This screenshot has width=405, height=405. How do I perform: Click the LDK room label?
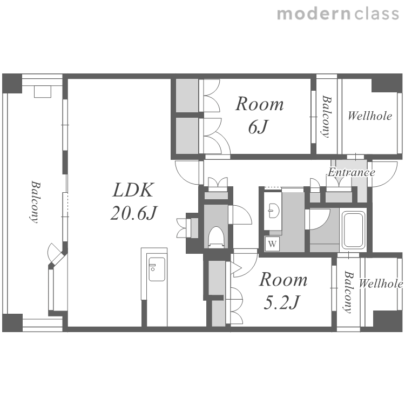point(133,190)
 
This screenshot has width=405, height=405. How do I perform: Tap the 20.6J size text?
point(133,213)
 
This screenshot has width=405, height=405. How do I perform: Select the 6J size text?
point(258,126)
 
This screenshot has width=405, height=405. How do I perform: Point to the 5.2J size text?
point(281,302)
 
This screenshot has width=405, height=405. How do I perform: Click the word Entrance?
point(352,172)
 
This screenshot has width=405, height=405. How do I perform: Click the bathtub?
point(353,230)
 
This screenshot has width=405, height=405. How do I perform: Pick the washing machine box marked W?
point(272,244)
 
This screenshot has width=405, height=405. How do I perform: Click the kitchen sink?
point(157,269)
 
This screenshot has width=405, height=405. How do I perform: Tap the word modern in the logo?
point(314,14)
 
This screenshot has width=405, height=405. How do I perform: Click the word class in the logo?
point(376,14)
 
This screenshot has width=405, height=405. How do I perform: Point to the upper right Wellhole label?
point(370,116)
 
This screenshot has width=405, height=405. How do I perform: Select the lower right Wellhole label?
point(381,283)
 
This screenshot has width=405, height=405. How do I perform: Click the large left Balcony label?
point(36,202)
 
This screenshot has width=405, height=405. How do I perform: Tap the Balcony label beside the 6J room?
point(327,117)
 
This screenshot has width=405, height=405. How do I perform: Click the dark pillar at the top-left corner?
point(12,83)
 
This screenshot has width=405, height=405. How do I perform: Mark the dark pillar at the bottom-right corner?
point(388,321)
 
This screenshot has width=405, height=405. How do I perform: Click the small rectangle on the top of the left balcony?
point(43,92)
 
